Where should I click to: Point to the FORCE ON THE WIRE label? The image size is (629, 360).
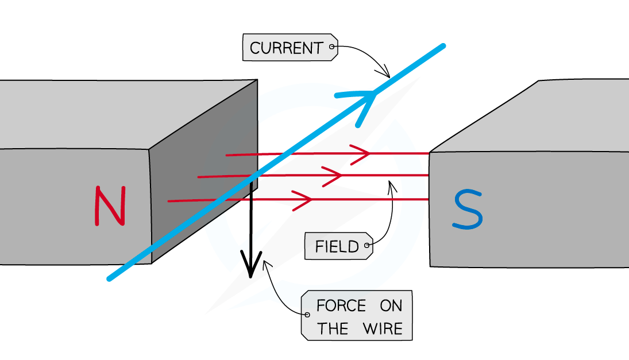[x=356, y=316]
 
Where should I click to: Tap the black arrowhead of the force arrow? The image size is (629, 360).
[x=251, y=267]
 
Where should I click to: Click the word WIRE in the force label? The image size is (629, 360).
[x=383, y=329]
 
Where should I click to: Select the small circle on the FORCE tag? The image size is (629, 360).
[x=308, y=315]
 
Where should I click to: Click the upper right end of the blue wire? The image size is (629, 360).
[x=442, y=46]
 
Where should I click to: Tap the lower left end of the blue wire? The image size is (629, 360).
[x=110, y=278]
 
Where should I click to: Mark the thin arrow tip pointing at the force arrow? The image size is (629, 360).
[x=264, y=262]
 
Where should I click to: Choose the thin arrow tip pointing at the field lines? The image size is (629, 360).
[x=391, y=183]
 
